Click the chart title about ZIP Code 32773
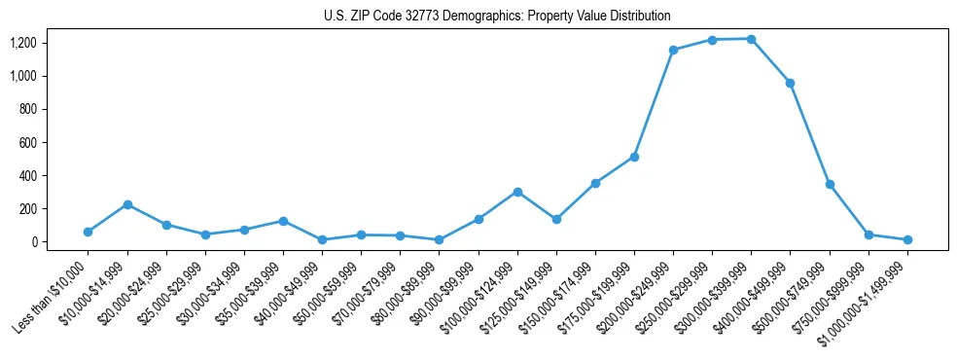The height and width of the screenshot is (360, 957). pyautogui.click(x=497, y=17)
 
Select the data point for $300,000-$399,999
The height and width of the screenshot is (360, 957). pyautogui.click(x=751, y=39)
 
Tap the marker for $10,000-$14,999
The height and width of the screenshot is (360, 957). pyautogui.click(x=127, y=204)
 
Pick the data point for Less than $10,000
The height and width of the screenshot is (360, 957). pyautogui.click(x=88, y=232)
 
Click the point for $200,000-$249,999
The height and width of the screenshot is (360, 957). pyautogui.click(x=673, y=50)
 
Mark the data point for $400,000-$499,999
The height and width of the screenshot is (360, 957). pyautogui.click(x=790, y=83)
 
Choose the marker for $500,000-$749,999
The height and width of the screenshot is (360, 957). pyautogui.click(x=830, y=184)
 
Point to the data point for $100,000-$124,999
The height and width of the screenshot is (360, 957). pyautogui.click(x=517, y=192)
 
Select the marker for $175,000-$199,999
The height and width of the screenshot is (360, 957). pyautogui.click(x=634, y=157)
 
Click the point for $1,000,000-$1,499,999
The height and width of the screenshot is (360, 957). pyautogui.click(x=907, y=239)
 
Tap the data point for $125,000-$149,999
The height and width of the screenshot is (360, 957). pyautogui.click(x=556, y=219)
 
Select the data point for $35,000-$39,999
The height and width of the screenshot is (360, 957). pyautogui.click(x=283, y=221)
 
